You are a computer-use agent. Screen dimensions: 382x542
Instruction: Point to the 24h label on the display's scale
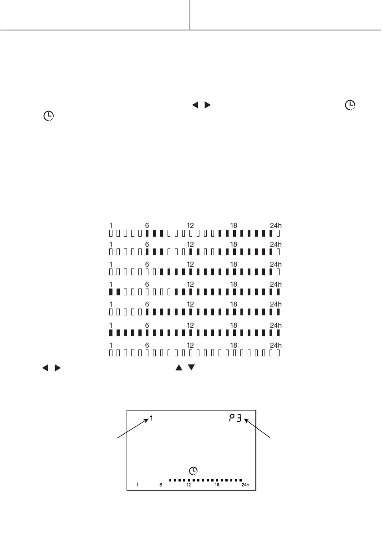point(245,485)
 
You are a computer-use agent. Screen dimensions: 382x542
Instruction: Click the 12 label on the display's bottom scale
point(188,485)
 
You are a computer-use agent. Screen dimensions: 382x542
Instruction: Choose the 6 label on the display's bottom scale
point(160,485)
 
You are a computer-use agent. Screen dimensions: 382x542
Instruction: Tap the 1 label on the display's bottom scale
point(138,485)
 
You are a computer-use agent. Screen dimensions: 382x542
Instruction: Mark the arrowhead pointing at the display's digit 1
point(147,421)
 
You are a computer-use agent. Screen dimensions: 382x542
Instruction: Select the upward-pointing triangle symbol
point(178,366)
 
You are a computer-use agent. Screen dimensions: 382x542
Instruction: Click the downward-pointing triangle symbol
point(191,366)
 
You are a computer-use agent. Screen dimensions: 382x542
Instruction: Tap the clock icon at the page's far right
point(350,105)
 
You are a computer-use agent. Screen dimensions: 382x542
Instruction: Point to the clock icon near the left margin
point(47,116)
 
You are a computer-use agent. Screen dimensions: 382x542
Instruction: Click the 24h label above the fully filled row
point(276,325)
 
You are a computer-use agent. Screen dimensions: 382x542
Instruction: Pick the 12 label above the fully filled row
point(190,325)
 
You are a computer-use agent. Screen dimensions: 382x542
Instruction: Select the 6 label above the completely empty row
point(147,345)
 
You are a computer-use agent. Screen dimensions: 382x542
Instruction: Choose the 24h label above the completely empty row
point(276,345)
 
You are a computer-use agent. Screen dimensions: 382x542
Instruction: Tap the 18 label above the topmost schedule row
point(233,225)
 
